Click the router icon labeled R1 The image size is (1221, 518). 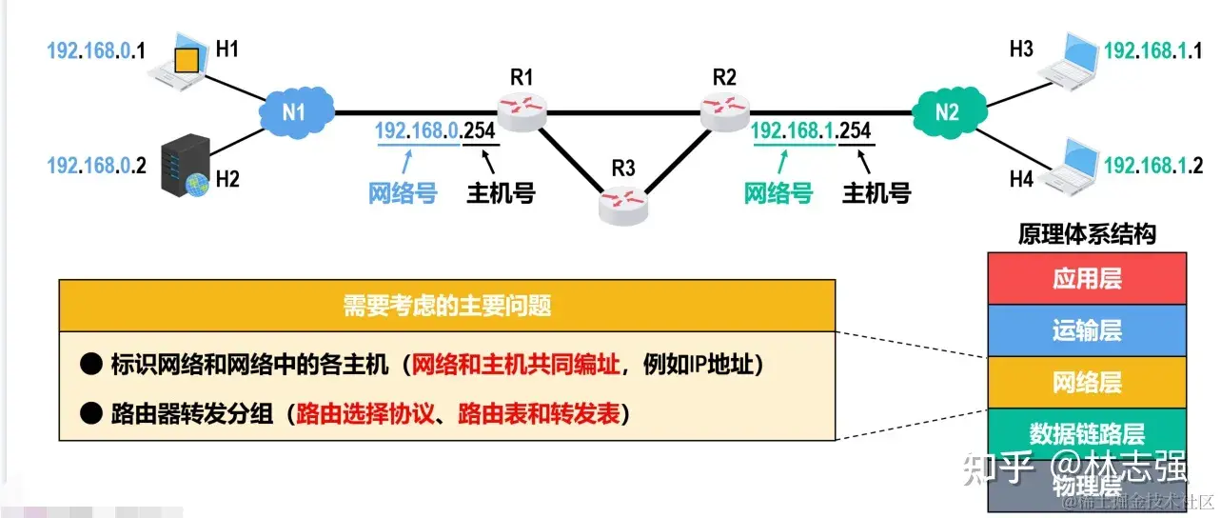coord(522,112)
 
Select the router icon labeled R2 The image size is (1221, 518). coord(725,112)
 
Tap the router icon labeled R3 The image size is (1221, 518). coord(623,203)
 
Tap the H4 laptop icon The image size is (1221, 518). coord(1068,163)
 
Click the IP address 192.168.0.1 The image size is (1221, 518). coord(95,51)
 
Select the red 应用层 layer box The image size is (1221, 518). coord(1087,279)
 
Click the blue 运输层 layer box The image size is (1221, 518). coord(1087,330)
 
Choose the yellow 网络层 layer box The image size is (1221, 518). coord(1087,383)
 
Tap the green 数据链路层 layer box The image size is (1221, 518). coord(1087,434)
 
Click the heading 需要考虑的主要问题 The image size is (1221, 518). coord(447,307)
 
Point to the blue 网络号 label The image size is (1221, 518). coord(403,193)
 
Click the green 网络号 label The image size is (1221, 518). coord(778,193)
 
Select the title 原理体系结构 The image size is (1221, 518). coord(1087,234)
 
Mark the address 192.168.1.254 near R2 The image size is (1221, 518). coord(811,131)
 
